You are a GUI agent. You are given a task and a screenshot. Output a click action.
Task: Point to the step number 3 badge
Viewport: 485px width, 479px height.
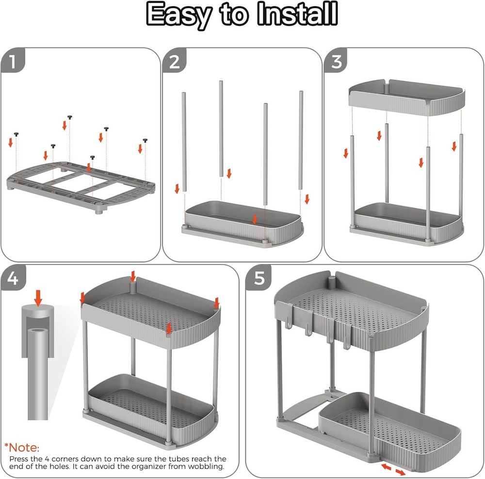point(337,62)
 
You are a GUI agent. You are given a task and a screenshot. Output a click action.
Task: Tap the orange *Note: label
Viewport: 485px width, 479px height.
point(22,447)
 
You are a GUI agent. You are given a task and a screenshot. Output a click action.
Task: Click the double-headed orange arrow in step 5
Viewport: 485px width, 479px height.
point(393,469)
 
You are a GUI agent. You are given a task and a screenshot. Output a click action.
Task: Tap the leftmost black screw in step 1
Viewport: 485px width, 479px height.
point(16,133)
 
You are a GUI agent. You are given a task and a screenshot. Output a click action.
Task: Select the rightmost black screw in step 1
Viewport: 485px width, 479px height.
point(145,140)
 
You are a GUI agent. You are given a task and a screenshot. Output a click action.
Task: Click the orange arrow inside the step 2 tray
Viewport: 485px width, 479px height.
point(255,219)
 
